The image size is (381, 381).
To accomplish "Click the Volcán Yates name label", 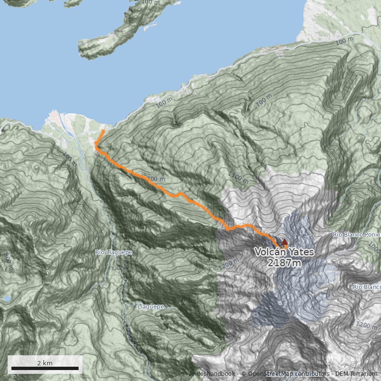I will [284, 252].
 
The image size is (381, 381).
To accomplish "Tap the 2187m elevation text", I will [284, 262].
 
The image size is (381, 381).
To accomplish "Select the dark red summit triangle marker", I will [284, 242].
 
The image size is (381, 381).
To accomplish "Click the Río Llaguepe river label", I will [113, 252].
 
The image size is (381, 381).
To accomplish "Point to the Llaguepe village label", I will [150, 307].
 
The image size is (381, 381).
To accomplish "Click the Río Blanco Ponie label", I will [356, 235].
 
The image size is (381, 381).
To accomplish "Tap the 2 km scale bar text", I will [45, 363].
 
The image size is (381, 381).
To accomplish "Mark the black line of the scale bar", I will [45, 368].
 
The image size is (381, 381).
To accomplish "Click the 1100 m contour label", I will [238, 178].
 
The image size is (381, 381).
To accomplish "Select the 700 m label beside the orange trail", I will [156, 179].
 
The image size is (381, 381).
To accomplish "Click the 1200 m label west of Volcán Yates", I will [229, 263].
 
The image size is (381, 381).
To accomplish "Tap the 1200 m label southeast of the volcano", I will [366, 326].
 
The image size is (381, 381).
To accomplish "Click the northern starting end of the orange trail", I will [104, 130].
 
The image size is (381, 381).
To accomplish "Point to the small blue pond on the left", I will [7, 299].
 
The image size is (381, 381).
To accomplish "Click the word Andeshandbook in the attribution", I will [212, 374].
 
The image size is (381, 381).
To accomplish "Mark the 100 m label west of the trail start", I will [70, 160].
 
